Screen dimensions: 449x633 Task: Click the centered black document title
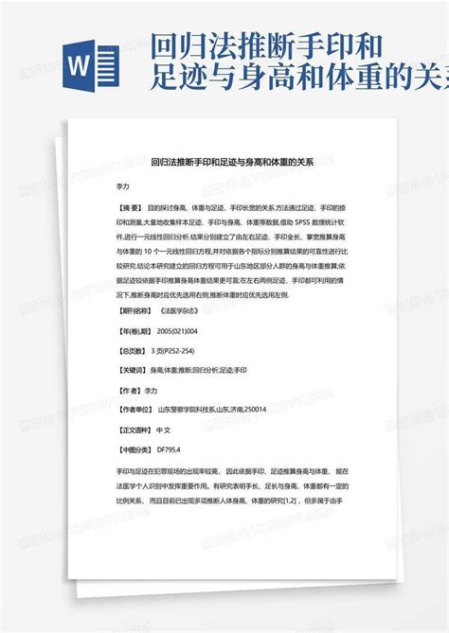pos(225,163)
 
